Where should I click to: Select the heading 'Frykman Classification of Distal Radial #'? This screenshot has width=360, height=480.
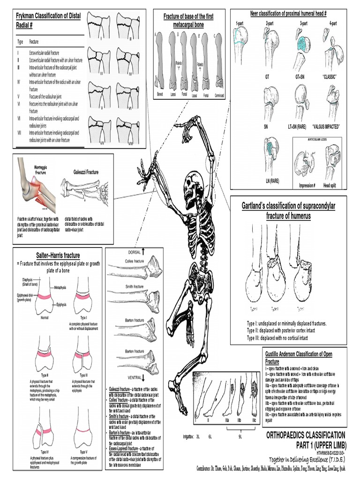46,20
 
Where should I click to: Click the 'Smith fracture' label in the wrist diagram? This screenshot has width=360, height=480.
132,285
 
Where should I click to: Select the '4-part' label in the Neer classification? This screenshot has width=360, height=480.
333,22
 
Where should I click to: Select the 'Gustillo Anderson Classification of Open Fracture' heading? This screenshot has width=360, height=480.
299,358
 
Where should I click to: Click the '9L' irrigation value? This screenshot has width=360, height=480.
240,437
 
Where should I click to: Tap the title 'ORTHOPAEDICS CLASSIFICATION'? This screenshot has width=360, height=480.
306,435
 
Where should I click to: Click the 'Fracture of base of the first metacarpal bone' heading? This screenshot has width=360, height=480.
188,20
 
